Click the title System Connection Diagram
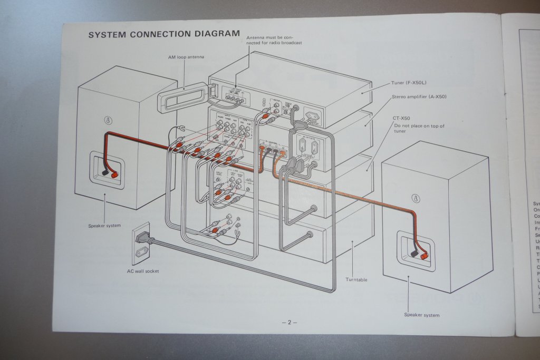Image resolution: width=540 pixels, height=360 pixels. tap(163, 34)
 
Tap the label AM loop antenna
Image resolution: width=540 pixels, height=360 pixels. tap(182, 56)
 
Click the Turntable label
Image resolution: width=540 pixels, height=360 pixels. tap(356, 279)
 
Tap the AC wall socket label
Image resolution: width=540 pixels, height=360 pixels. tap(143, 271)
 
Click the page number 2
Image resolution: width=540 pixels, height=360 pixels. tap(289, 323)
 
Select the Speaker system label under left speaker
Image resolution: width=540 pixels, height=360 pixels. tap(104, 226)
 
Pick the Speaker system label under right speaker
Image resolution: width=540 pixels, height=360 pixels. tap(421, 315)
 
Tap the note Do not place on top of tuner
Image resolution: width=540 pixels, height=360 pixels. tap(419, 129)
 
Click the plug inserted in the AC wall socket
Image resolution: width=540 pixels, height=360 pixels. tap(143, 238)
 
